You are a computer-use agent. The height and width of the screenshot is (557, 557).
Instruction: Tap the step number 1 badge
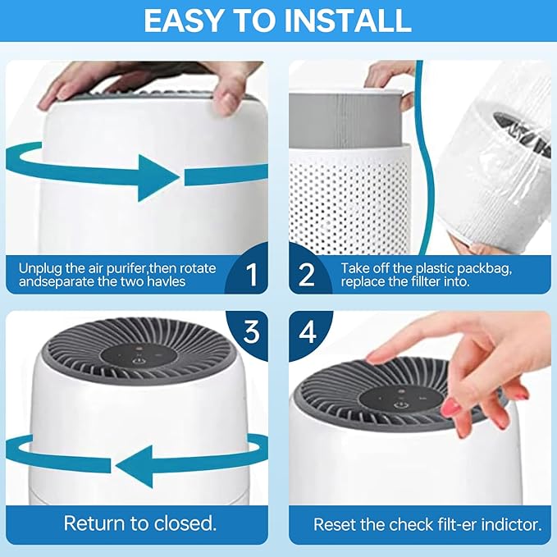click(x=251, y=274)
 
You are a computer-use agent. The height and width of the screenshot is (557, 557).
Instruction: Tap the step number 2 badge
click(x=306, y=274)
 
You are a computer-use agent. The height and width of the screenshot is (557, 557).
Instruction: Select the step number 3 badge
click(x=251, y=332)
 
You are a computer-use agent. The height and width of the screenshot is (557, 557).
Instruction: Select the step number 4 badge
click(x=306, y=332)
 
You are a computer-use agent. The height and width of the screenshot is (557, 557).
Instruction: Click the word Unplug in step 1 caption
click(x=39, y=267)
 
